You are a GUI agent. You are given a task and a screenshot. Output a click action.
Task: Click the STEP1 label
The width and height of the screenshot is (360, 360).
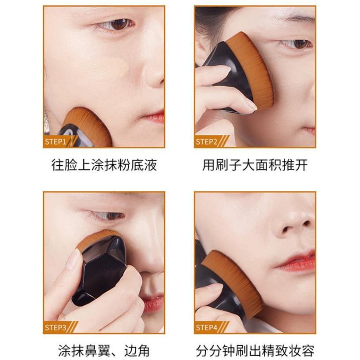56,141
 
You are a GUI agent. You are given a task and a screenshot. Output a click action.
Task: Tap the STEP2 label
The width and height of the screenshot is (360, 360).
206,141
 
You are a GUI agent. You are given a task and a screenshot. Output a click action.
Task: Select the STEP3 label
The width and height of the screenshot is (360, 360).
56,327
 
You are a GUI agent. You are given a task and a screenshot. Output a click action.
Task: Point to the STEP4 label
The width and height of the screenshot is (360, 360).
206,327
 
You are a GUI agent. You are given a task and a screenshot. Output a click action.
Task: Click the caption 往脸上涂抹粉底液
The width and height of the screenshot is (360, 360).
104,165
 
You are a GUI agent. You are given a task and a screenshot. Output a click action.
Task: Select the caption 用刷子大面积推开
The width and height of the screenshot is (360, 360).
255,165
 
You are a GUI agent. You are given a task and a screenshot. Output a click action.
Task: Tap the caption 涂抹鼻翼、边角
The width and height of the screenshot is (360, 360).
104,351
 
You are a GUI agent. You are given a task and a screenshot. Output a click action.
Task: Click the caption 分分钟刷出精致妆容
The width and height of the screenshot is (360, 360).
255,351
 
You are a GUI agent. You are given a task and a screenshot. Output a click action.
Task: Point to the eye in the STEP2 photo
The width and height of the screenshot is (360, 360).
297,44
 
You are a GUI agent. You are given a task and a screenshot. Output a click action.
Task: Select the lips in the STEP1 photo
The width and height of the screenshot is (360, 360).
154,116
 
